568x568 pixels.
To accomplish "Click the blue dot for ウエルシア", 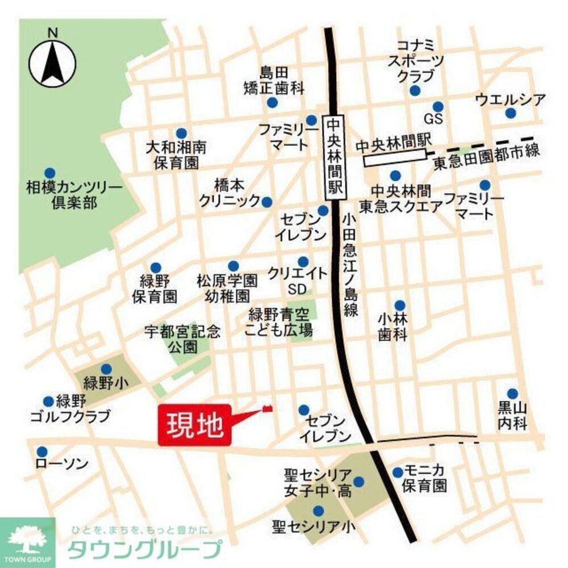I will coord(511,114).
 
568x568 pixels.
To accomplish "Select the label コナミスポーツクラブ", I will coord(415,60).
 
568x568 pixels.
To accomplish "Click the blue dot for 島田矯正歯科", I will coord(273,103).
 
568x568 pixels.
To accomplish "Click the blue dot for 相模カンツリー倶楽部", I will coord(50,173).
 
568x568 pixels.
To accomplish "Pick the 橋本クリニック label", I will coord(228,193).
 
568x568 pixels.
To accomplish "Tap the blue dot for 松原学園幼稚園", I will coord(233,266).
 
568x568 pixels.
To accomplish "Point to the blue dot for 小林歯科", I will coord(400,305).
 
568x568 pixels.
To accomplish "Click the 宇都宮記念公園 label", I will coord(182,339).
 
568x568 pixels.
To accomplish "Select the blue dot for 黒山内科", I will coord(512,394).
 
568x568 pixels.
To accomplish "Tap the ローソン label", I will coord(62,465).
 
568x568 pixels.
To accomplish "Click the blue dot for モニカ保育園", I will coord(398,472).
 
